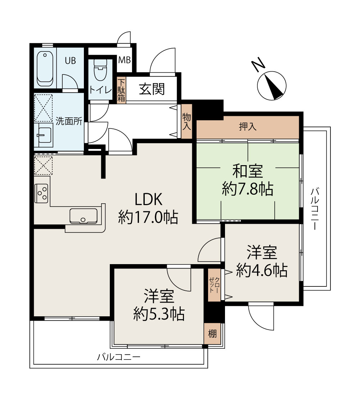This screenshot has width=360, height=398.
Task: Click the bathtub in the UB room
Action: pos(45,68)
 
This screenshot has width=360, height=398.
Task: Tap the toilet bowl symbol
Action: pos(101,70)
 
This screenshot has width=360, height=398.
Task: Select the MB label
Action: pos(125,60)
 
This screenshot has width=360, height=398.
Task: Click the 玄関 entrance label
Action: pos(152,89)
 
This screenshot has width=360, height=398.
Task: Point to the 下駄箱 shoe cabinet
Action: pos(121,90)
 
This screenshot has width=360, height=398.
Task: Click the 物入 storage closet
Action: pos(186,122)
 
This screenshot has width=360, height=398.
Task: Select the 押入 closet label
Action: pos(248,127)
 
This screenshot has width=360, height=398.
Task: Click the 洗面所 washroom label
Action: pos(69,121)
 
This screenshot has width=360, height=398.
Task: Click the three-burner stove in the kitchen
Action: pos(41,193)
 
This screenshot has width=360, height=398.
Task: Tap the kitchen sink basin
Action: pos(84,216)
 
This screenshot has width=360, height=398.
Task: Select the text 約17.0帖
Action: pos(148,217)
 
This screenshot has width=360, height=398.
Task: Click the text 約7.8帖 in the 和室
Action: pos(248,189)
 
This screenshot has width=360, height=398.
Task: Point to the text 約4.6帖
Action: pos(262,270)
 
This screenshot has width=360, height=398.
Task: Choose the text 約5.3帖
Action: pos(159,314)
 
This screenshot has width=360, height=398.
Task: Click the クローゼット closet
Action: pos(214,285)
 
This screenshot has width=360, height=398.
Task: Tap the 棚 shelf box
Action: pos(212,334)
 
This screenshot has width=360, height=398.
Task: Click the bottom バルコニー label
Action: pos(118,357)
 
